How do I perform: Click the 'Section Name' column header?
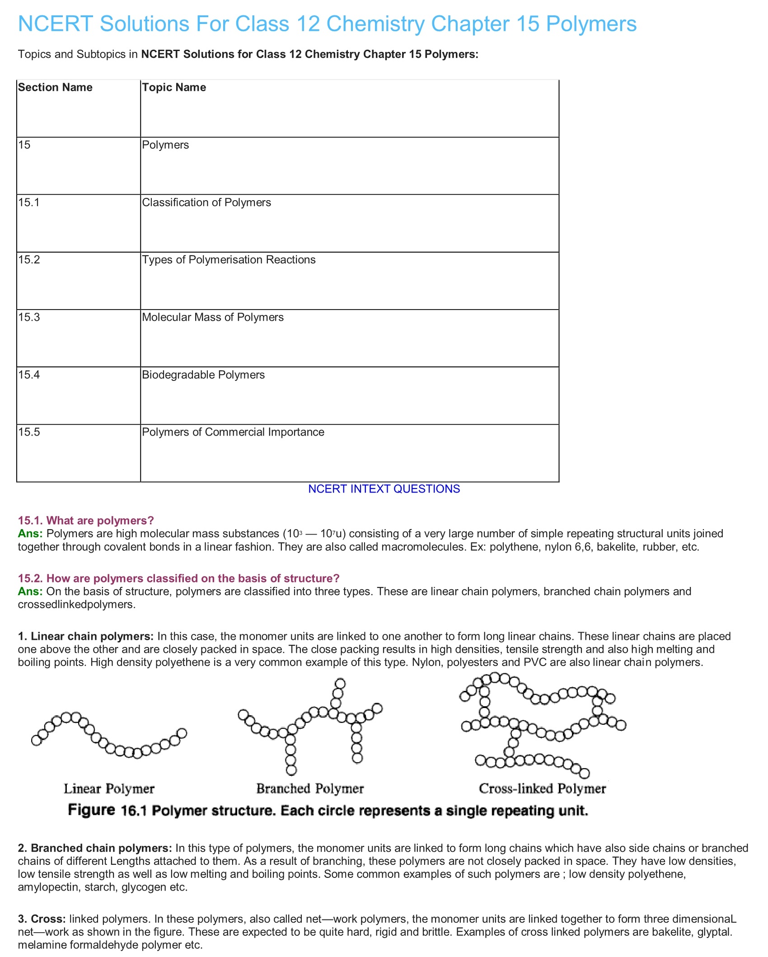[x=55, y=87]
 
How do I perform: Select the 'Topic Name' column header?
[x=174, y=87]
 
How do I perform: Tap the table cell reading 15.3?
[x=29, y=317]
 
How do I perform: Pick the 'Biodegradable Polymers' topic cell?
[x=203, y=375]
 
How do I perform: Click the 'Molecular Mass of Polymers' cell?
[x=213, y=317]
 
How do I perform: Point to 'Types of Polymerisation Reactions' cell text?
[x=229, y=260]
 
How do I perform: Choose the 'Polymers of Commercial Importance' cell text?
[x=233, y=432]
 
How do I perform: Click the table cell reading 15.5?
[x=29, y=432]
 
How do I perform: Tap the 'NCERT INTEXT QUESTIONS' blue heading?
[x=384, y=489]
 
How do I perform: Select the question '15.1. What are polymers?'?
[x=86, y=521]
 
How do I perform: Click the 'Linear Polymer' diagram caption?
[x=109, y=789]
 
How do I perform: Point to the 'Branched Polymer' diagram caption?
[x=310, y=789]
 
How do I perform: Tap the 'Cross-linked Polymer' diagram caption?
[x=542, y=789]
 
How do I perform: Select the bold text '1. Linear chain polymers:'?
[x=86, y=637]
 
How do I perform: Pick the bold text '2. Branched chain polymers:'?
[x=95, y=848]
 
